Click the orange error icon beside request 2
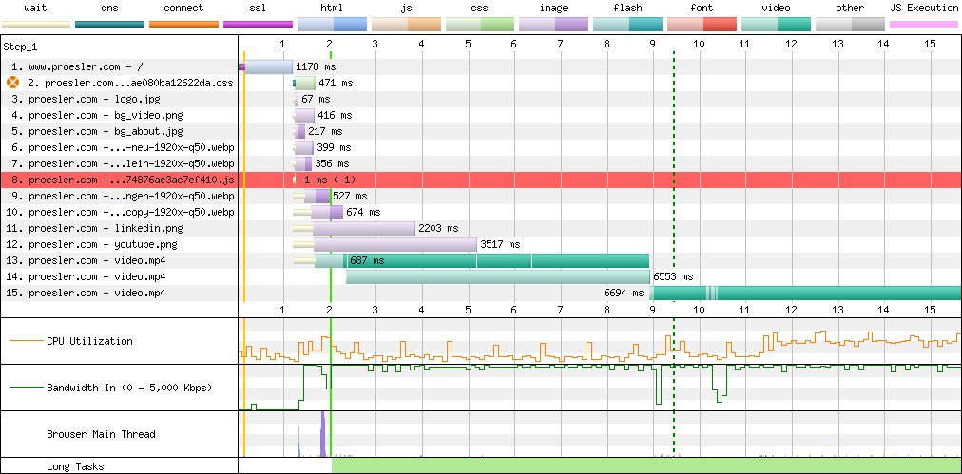point(12,83)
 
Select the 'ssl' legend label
point(258,9)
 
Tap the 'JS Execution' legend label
point(923,9)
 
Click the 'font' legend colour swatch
point(701,25)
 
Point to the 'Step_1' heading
point(20,47)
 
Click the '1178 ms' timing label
point(316,66)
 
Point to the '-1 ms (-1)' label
point(327,180)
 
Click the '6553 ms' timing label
point(673,276)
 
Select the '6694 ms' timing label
point(624,294)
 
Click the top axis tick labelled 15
point(930,44)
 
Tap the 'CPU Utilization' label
point(89,341)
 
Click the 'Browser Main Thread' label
point(101,434)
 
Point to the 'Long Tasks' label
point(74,466)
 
